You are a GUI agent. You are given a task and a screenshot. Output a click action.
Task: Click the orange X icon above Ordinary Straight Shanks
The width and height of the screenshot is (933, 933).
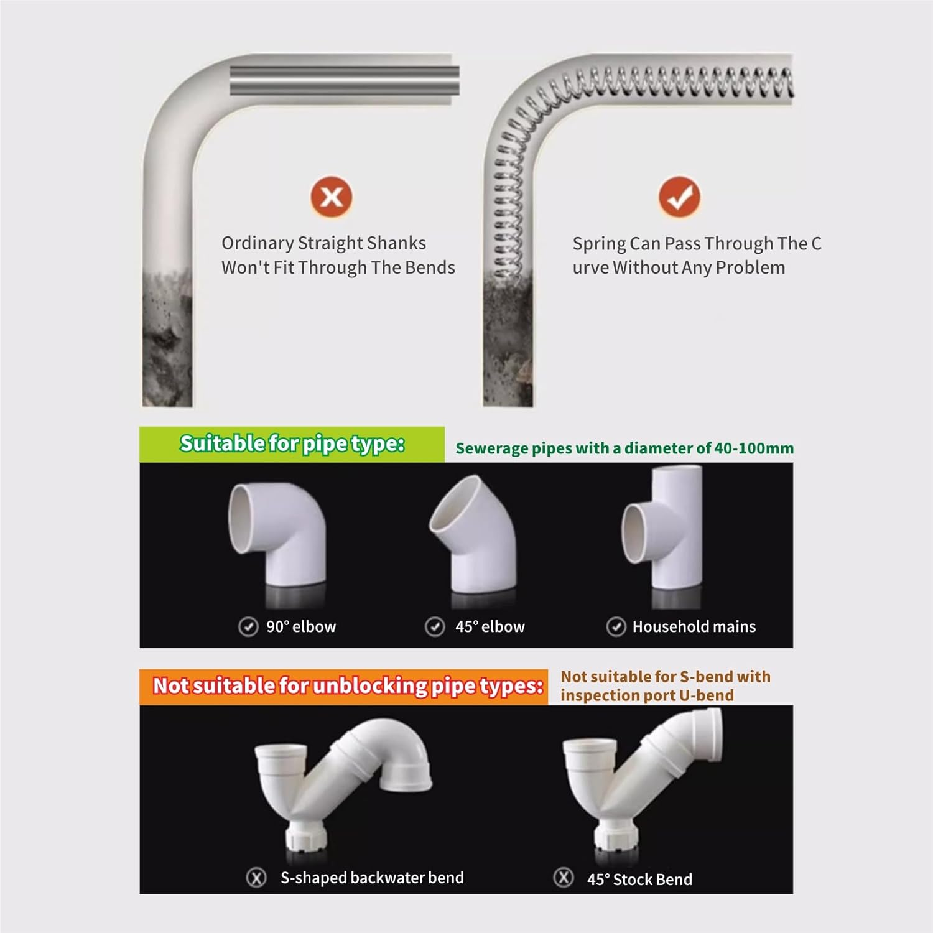(332, 197)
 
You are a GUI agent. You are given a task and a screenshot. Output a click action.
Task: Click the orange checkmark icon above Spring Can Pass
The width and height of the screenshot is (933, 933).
(679, 197)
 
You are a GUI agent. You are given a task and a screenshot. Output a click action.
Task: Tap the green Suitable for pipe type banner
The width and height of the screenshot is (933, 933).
(292, 444)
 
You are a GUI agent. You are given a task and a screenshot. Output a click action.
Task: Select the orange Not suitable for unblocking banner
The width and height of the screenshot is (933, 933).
(344, 686)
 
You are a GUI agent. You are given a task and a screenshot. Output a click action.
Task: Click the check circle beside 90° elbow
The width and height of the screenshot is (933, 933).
(248, 626)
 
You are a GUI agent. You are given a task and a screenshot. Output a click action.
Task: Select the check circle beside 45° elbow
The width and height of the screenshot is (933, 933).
(434, 626)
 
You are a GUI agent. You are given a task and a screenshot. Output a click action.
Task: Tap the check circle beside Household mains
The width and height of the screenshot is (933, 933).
(616, 626)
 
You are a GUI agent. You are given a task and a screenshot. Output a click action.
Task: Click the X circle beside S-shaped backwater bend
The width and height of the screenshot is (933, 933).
(256, 878)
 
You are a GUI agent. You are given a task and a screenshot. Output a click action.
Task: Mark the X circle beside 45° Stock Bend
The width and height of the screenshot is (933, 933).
(563, 878)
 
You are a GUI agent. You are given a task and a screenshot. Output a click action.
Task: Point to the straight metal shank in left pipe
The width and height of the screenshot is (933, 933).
(344, 81)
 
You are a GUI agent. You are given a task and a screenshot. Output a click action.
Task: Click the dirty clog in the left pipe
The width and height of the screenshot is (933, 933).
(167, 336)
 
